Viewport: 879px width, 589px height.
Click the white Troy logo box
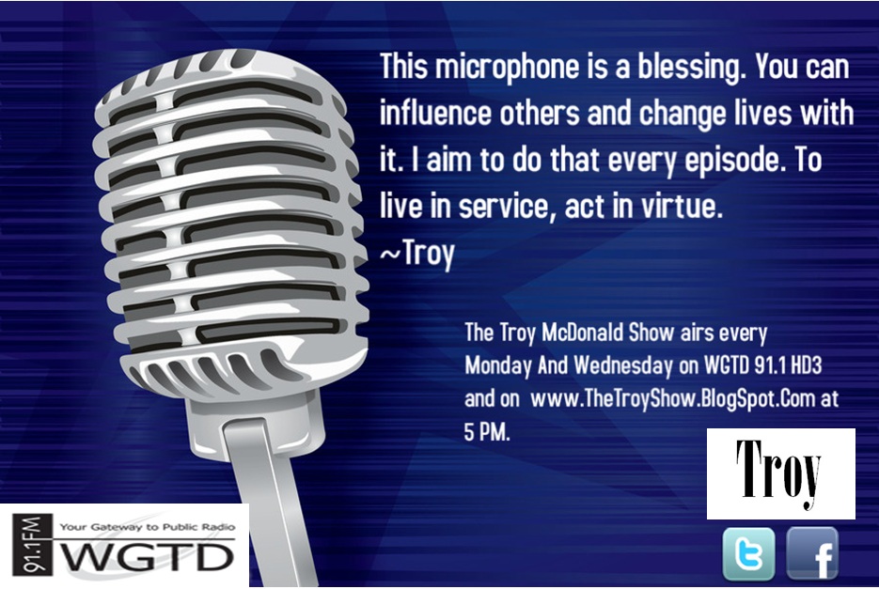780,473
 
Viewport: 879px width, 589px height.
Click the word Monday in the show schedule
498,364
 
